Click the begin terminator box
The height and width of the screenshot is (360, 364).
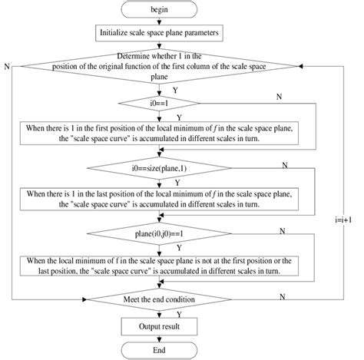[159, 10]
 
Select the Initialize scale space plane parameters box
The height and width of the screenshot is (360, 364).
[159, 33]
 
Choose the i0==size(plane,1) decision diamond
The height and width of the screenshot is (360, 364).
[159, 167]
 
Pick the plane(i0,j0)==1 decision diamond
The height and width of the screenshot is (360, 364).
[159, 231]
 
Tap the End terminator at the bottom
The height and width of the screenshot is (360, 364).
[159, 351]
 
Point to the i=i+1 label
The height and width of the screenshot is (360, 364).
[343, 217]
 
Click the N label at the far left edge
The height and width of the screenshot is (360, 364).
[7, 68]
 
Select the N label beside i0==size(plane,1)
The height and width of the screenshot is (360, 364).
[285, 164]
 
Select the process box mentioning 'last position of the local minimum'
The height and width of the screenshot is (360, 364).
[159, 199]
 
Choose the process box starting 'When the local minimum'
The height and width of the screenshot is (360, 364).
[159, 265]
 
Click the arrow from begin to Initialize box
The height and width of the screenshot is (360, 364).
[159, 21]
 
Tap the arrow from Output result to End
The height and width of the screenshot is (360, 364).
[159, 339]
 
